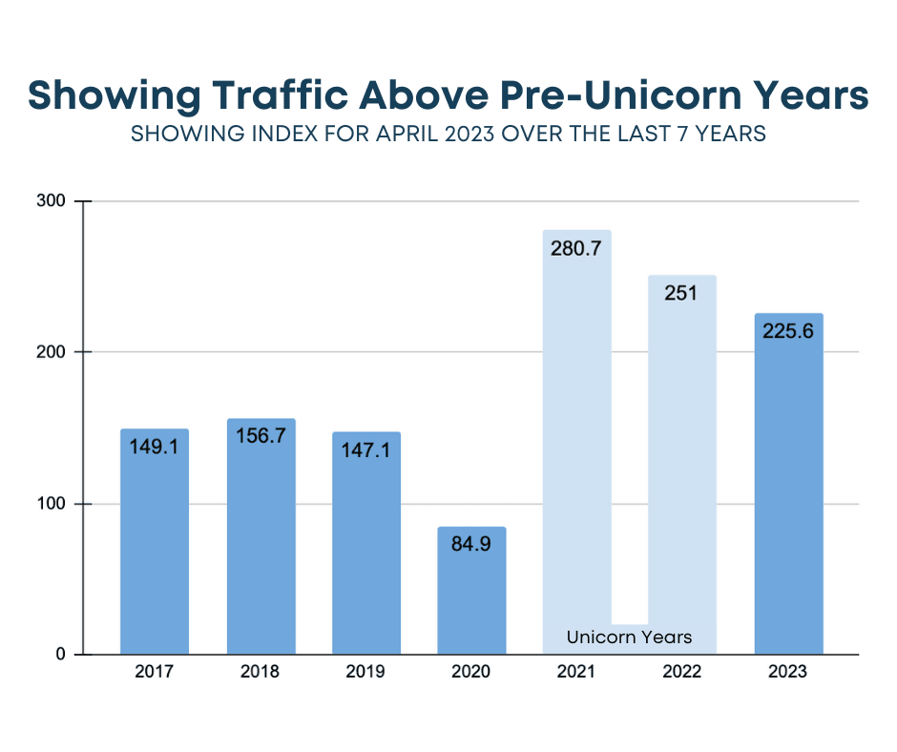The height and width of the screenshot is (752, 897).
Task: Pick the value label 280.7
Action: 576,248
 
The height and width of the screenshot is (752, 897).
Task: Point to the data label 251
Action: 681,293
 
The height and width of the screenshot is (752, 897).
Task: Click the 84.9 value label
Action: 471,546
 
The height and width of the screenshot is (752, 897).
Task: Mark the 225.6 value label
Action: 788,331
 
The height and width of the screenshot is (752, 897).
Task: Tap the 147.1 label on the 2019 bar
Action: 366,450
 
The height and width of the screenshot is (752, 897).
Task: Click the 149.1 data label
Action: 155,447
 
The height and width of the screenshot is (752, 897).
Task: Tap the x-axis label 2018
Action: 261,672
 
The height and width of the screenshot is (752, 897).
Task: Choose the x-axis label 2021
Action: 576,672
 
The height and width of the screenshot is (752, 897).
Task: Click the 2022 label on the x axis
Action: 681,672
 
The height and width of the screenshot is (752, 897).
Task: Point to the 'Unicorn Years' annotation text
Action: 629,637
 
